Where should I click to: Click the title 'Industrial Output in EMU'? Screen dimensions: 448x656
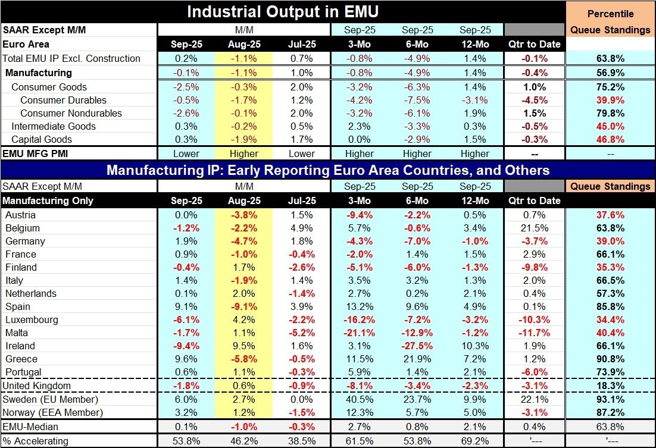coord(283,12)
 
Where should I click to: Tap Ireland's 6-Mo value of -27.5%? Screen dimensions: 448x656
coord(417,346)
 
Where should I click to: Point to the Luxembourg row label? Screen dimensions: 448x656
coord(31,319)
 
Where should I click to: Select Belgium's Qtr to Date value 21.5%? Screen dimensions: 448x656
coord(533,228)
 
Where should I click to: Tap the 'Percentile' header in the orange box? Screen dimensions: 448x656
coord(610,14)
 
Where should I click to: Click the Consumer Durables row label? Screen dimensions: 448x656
coord(63,100)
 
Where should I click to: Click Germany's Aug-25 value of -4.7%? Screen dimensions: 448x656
coord(243,241)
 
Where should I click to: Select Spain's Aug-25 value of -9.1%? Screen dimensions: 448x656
coord(243,306)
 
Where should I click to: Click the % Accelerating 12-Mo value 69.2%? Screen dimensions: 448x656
coord(474,441)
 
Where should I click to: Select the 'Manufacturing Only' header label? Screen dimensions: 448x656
coord(48,200)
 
